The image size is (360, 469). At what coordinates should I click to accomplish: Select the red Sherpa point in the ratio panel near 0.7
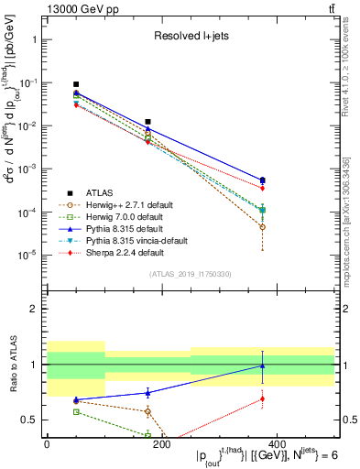(263, 398)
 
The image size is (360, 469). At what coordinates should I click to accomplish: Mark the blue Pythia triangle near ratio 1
(263, 366)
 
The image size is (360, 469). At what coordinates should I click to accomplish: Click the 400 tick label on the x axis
(277, 442)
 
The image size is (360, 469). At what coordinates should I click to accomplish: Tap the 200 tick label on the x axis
(161, 442)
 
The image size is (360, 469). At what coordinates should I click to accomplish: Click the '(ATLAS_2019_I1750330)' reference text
(191, 274)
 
